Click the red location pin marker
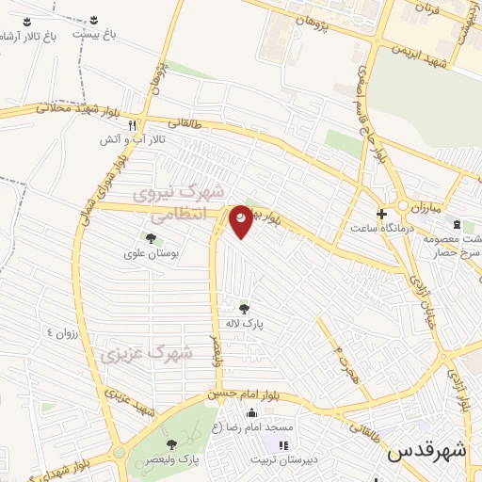(242, 220)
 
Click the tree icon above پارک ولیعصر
(170, 443)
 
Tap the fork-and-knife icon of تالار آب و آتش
(134, 124)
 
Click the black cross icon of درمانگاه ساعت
(381, 213)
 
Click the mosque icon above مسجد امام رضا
(251, 413)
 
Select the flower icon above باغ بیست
(96, 20)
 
